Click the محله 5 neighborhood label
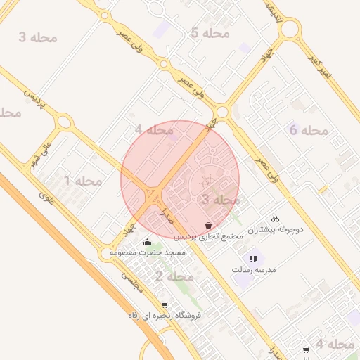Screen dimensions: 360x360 [x=210, y=33]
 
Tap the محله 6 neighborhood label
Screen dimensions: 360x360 [x=309, y=130]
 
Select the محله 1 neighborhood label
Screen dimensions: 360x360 [x=83, y=181]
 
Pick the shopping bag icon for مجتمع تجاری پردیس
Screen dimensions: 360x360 [x=209, y=225]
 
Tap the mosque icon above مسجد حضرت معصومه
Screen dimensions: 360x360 [x=147, y=243]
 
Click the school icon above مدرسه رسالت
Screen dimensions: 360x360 [x=254, y=259]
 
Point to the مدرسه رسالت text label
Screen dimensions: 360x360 [x=254, y=269]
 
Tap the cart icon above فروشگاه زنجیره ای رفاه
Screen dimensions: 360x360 [x=165, y=305]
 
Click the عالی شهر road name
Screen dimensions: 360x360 [x=41, y=152]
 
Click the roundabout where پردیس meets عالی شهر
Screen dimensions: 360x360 [x=64, y=122]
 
